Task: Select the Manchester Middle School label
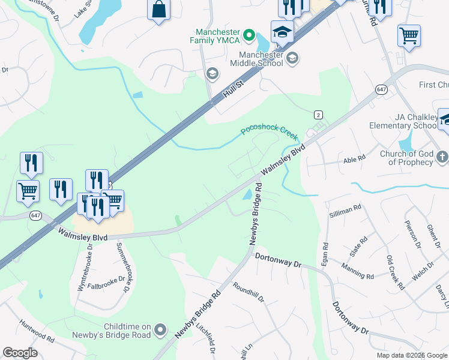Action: pos(257,58)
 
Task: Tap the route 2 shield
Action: pos(318,115)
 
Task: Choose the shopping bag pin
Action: pos(158,10)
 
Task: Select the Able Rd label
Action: pos(354,159)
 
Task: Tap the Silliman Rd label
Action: pos(345,211)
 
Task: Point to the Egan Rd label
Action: pos(325,254)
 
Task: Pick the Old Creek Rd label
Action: pos(395,273)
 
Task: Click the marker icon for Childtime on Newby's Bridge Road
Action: pos(160,329)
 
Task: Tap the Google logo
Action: pos(20,353)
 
